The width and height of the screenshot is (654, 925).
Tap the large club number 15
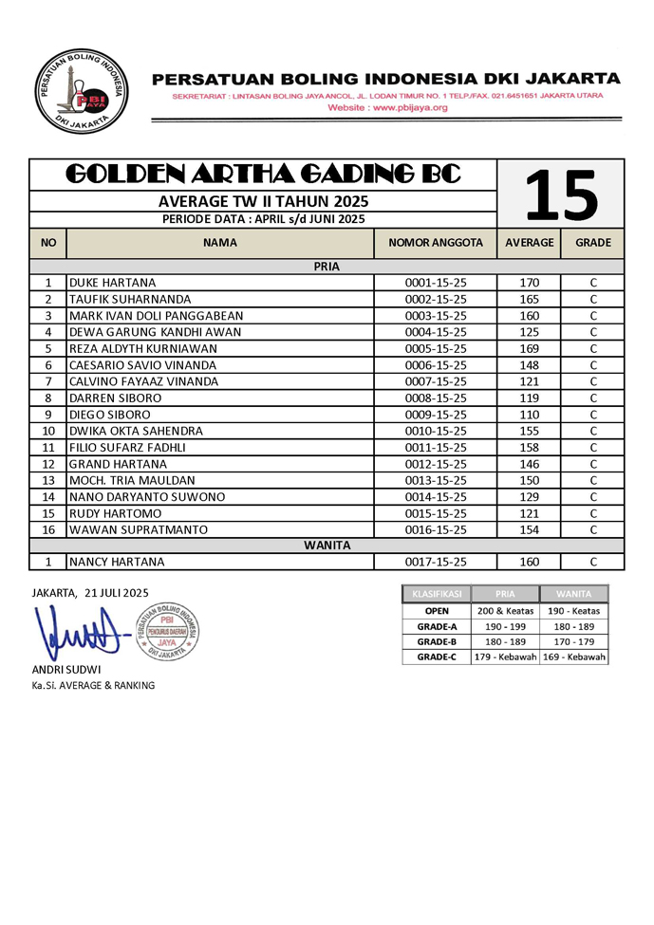[560, 194]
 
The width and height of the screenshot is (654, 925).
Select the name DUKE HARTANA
[112, 283]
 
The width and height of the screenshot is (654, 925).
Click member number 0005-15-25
[436, 348]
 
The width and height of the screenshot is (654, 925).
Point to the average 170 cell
[529, 283]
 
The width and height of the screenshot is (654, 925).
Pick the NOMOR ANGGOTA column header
[436, 243]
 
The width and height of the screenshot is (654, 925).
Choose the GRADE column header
[592, 243]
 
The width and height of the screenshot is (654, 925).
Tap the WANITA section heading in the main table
[327, 546]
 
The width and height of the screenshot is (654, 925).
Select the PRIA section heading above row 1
[327, 267]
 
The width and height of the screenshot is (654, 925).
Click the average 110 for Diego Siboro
[529, 415]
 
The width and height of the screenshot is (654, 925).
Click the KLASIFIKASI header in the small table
[437, 594]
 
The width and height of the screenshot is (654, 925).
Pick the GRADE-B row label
[437, 641]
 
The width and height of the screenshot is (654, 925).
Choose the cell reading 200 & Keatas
[505, 610]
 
